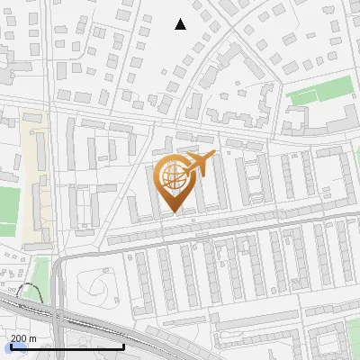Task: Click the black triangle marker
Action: click(180, 24)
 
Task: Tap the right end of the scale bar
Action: click(123, 347)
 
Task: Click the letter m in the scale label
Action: click(32, 338)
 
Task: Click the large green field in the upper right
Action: click(319, 91)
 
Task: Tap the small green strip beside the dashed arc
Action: click(40, 274)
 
